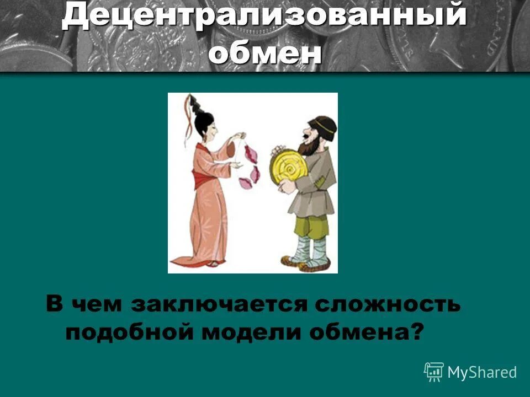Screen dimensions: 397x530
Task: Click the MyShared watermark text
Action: click(x=482, y=372)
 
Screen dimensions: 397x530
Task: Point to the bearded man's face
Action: click(x=309, y=138)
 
